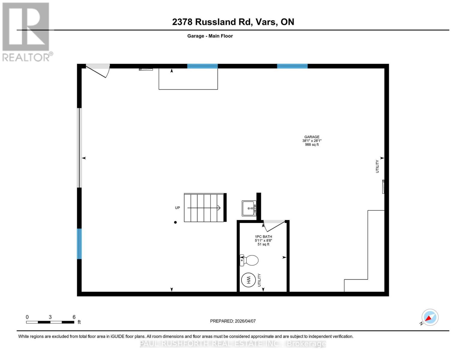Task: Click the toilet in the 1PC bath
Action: (x=250, y=260)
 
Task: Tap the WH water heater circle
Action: (x=248, y=280)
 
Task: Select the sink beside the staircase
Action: (x=249, y=208)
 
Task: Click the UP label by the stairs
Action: (x=178, y=208)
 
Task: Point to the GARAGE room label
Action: (x=312, y=137)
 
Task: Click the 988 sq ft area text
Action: (x=312, y=145)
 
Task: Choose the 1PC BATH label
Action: (x=263, y=237)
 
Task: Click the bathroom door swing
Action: (x=274, y=225)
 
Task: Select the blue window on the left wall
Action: (x=79, y=244)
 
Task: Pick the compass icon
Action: (x=430, y=317)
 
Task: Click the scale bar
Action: (x=50, y=322)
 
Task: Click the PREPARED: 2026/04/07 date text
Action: (x=233, y=321)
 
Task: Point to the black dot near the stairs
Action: (x=176, y=222)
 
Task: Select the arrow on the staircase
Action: (x=204, y=208)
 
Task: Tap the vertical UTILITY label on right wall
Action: (x=377, y=166)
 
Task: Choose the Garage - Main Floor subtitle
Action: (x=210, y=36)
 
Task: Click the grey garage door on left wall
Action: (x=79, y=148)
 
